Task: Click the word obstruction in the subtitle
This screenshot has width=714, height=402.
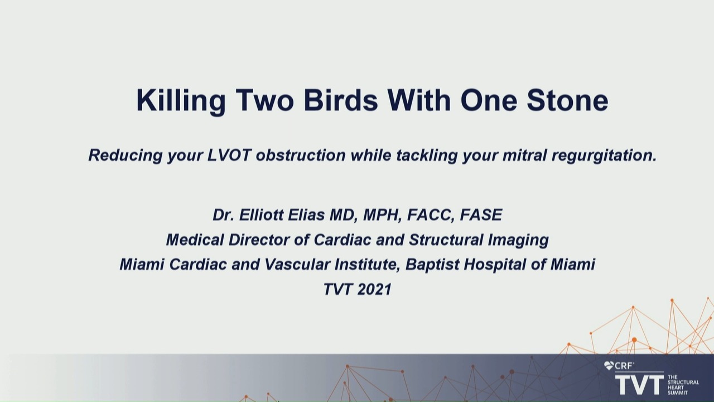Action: click(301, 155)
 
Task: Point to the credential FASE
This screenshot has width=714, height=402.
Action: click(481, 215)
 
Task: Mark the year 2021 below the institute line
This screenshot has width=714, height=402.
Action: click(374, 289)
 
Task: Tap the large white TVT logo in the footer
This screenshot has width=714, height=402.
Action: click(639, 385)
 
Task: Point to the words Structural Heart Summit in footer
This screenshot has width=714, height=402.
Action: click(683, 385)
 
